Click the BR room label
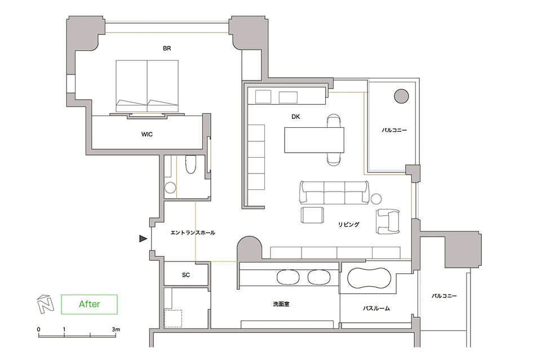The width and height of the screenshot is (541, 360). [x=167, y=48]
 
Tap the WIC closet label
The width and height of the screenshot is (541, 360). [x=147, y=134]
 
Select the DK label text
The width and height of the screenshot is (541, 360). [x=296, y=117]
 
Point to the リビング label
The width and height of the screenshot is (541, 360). [x=348, y=224]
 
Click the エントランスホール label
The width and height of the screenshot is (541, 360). [x=193, y=233]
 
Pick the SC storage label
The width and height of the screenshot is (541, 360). [x=186, y=275]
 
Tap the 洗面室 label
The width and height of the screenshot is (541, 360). [x=281, y=304]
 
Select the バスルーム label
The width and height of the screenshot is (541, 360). [x=376, y=308]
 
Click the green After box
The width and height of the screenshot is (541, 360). [x=90, y=304]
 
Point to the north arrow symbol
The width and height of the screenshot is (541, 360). [x=46, y=304]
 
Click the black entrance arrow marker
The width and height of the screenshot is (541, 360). [x=143, y=238]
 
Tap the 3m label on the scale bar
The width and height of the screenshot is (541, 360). [x=116, y=330]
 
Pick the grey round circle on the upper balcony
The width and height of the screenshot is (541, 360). [x=401, y=96]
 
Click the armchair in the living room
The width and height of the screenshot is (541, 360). [x=388, y=221]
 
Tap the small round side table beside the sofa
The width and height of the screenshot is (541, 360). [x=376, y=199]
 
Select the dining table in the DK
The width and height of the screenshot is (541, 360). [x=314, y=140]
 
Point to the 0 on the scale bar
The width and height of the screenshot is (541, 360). [x=39, y=330]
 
